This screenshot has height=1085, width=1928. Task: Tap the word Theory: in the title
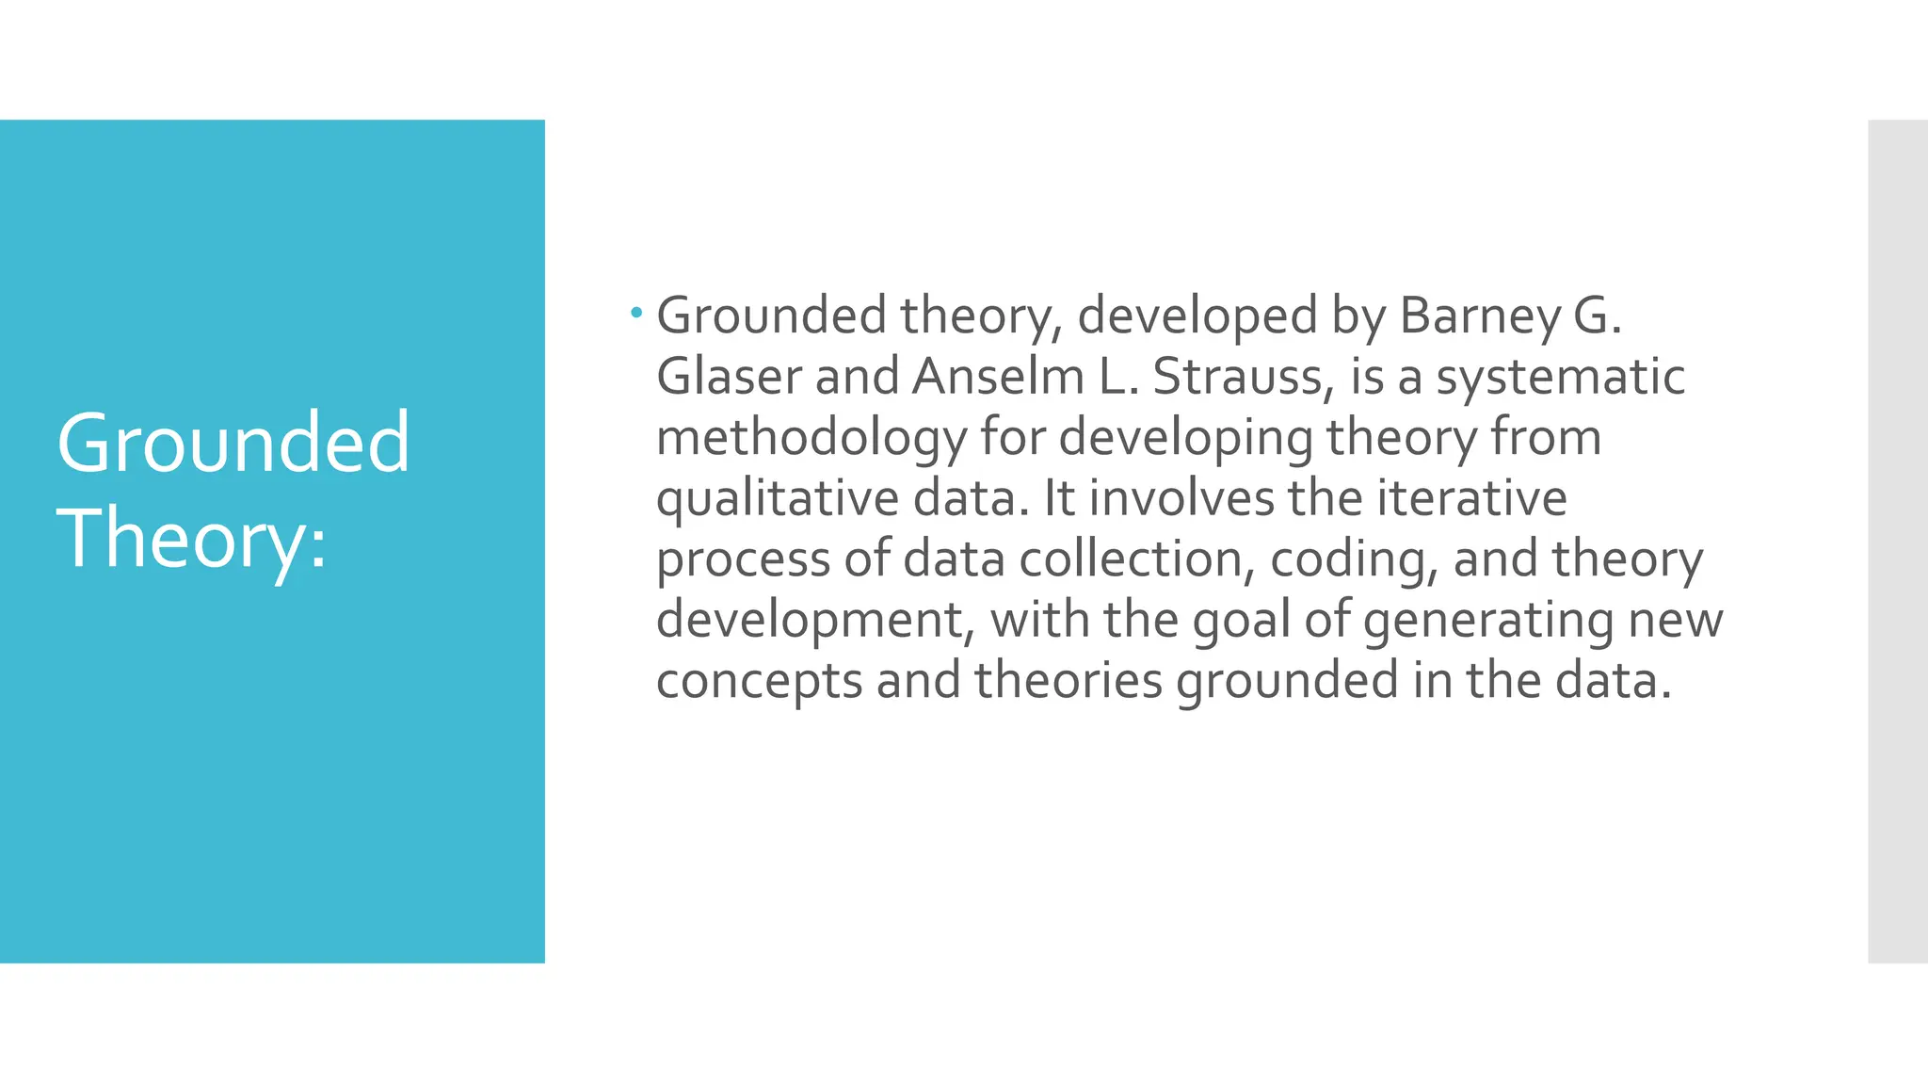coord(192,539)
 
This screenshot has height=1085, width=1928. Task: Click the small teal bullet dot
coord(636,312)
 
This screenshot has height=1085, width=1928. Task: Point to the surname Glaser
coord(729,377)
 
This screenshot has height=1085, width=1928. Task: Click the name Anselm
coord(998,377)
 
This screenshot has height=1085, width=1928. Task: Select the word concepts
coord(759,682)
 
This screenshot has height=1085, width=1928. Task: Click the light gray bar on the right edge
coord(1897,542)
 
